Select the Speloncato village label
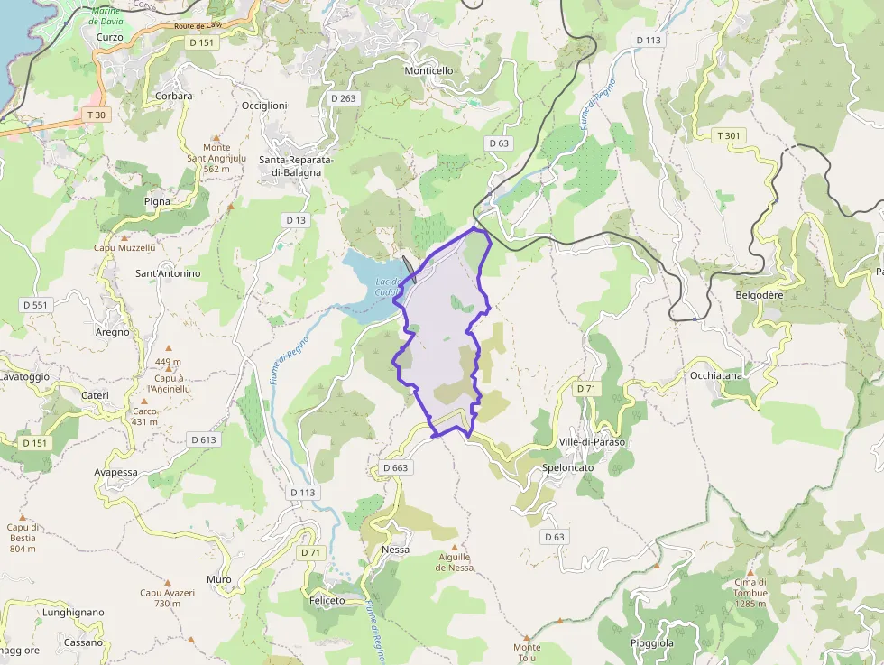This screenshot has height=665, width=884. (x=568, y=467)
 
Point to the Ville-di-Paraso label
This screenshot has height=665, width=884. (x=592, y=442)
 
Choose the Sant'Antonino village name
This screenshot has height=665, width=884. (x=167, y=273)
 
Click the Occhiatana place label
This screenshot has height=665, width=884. (x=715, y=374)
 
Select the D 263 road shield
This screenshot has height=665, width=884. (x=343, y=97)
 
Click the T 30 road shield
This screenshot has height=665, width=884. (x=95, y=115)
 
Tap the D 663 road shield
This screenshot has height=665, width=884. (x=395, y=467)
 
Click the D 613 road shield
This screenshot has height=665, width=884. (x=204, y=439)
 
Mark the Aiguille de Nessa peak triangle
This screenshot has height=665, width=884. (x=454, y=547)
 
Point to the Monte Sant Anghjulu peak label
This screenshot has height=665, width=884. (x=216, y=158)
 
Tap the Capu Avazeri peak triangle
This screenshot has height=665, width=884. (x=167, y=583)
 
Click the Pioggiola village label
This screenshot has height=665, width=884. (x=651, y=643)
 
